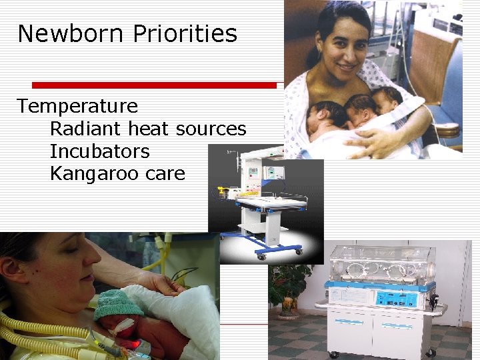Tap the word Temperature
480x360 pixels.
point(77,106)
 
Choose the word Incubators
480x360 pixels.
point(100,151)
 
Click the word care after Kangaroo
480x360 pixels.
point(166,174)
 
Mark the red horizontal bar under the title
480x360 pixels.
point(154,85)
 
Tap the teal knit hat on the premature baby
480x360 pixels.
point(117,305)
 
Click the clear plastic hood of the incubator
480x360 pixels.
point(377,263)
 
